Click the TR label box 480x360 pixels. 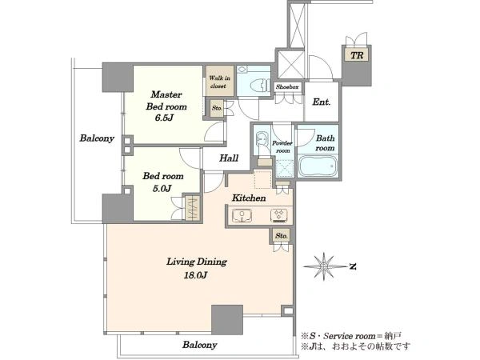point(357,55)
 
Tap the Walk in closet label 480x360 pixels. point(219,82)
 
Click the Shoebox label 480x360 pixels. point(287,87)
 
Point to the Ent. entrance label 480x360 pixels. point(322,102)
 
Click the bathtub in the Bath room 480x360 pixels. point(318,166)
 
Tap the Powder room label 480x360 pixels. point(282,147)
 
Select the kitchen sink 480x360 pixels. point(242,215)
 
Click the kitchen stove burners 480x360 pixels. point(279,215)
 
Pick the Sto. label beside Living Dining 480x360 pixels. point(282,236)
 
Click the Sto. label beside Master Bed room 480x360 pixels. point(217,108)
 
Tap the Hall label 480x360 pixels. point(229,158)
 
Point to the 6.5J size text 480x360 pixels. point(164,118)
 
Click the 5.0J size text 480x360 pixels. point(162,189)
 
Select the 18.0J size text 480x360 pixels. point(195,275)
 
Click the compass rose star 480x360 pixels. point(324,266)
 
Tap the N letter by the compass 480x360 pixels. point(353,266)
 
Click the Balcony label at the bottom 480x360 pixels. point(199,345)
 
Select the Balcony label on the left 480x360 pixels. point(97,138)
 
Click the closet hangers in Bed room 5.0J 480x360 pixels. point(193,208)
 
